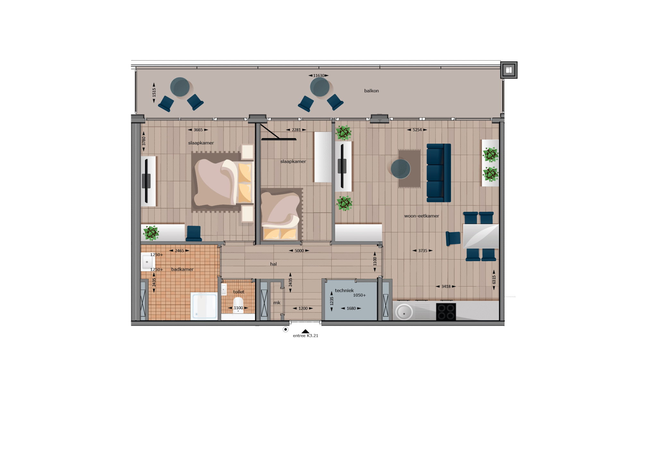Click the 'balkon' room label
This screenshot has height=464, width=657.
click(x=371, y=91)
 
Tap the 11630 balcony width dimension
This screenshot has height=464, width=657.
click(x=319, y=76)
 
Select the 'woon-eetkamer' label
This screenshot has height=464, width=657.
click(x=422, y=216)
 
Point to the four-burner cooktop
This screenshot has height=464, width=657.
click(x=446, y=312)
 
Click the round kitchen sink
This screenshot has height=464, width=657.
click(x=404, y=312)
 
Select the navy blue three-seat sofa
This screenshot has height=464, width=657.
click(x=439, y=173)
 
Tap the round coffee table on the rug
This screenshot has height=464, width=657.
click(x=400, y=169)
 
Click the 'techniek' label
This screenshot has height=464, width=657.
click(x=344, y=291)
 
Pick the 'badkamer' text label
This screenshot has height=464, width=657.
click(x=182, y=269)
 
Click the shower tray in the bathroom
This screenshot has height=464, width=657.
click(x=204, y=306)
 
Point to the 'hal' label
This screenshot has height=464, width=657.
click(x=273, y=264)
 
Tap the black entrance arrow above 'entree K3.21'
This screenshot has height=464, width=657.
click(x=305, y=331)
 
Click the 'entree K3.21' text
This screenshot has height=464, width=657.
click(x=305, y=336)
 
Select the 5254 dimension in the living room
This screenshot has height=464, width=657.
click(x=417, y=130)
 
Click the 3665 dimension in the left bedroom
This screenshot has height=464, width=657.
click(x=198, y=130)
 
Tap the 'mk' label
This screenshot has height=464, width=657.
click(x=277, y=303)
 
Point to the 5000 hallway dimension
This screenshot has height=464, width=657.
click(x=299, y=251)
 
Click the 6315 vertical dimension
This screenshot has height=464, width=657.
click(x=494, y=280)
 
